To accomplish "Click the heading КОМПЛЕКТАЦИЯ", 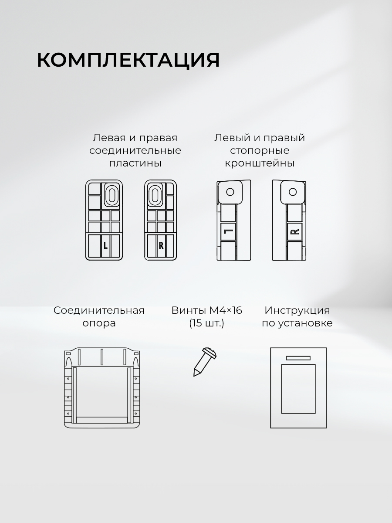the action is click(128, 60).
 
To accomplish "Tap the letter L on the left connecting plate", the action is click(106, 245).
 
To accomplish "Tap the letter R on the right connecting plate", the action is click(161, 245).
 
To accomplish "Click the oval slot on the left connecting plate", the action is click(111, 195).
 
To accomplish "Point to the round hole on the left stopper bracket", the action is click(230, 192).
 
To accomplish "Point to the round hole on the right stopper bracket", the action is click(293, 192).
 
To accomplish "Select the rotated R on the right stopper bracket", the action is click(295, 231).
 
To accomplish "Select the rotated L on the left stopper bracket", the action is click(228, 231).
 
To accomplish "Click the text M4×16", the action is click(226, 310).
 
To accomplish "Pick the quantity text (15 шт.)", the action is click(206, 323).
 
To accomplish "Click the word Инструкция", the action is click(297, 311).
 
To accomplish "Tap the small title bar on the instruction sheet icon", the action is click(298, 358).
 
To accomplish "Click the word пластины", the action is click(135, 163).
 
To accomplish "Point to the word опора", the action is click(99, 324).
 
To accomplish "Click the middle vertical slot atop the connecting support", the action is click(102, 357).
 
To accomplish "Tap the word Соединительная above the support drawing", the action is click(99, 311).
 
